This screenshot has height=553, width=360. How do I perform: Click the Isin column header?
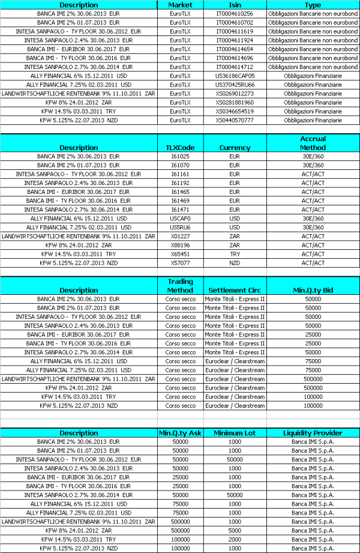235,5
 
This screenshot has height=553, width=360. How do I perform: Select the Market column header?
180,5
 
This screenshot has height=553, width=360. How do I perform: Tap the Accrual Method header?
313,143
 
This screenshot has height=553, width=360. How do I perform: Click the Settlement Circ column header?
235,291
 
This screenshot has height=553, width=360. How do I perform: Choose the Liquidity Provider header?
313,432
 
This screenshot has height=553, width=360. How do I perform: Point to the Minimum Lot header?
235,432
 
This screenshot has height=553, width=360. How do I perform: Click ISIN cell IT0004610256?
235,13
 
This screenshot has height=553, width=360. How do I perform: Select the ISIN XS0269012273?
235,94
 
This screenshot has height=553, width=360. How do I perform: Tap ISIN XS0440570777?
235,120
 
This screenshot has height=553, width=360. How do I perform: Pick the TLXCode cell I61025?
180,156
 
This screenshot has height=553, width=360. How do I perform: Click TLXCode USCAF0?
180,219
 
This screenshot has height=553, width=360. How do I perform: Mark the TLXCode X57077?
180,263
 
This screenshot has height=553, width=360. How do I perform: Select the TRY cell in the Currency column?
235,254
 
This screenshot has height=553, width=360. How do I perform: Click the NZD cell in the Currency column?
235,263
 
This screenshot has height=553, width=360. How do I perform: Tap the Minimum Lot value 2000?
235,539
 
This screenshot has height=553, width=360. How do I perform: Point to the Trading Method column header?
180,286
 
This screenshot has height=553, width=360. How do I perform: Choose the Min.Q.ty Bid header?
313,291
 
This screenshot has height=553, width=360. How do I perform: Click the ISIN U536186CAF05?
235,76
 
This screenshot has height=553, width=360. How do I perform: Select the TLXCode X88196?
180,245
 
